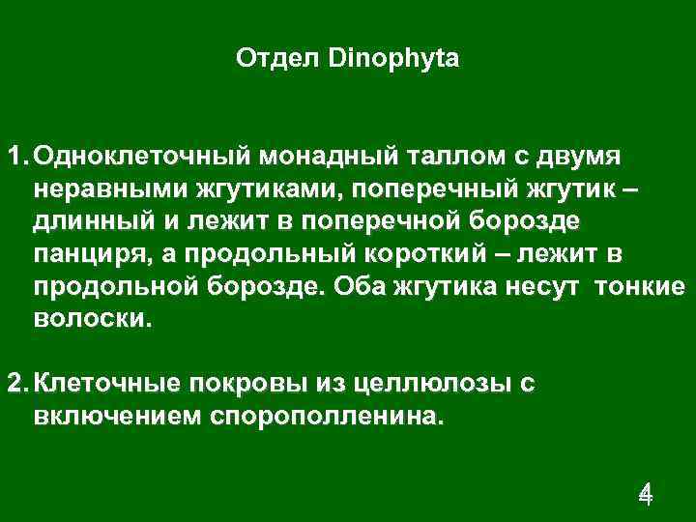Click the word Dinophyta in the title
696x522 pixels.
[394, 60]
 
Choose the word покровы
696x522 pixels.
[246, 384]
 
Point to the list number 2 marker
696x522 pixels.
[16, 384]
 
